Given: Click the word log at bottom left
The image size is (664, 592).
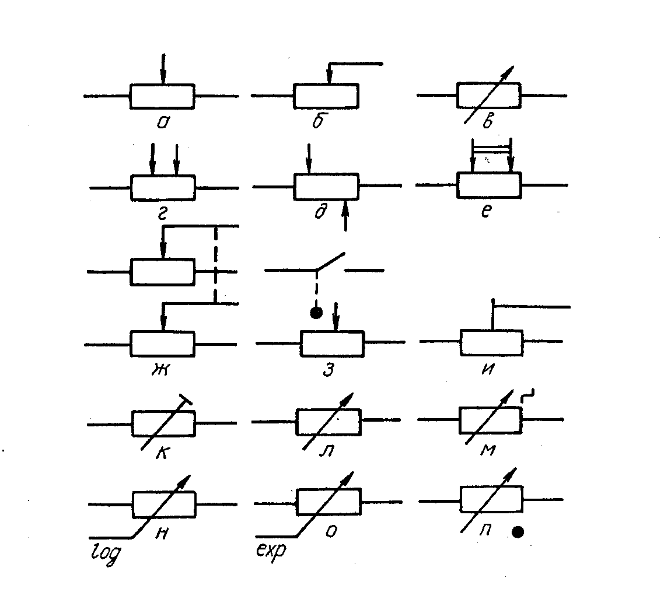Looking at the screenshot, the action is [x=106, y=553].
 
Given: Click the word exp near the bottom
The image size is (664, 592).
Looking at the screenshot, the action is [x=271, y=549].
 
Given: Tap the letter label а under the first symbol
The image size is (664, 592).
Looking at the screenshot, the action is [x=163, y=122].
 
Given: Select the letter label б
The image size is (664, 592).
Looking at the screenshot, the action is [x=318, y=120].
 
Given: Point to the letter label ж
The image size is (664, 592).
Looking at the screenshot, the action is [x=160, y=369].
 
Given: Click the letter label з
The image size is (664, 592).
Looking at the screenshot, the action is [x=328, y=370].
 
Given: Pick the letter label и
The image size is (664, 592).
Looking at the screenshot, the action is [x=488, y=370].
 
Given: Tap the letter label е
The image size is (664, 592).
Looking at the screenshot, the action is [x=487, y=211].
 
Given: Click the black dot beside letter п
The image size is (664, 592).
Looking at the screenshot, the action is [x=518, y=532].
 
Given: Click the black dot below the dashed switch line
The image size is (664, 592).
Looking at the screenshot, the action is [x=316, y=313].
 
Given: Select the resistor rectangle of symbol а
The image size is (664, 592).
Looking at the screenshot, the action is [x=162, y=96].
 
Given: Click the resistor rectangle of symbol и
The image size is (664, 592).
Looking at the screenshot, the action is [x=492, y=343].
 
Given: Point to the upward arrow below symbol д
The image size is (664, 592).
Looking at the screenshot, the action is [x=345, y=215].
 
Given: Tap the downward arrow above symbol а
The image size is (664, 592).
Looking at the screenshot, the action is [x=163, y=69].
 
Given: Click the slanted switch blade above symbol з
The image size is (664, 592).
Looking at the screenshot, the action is [x=331, y=261].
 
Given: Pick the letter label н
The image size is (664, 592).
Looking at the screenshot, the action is [x=162, y=534].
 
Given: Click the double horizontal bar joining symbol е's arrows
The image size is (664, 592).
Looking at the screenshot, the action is [x=491, y=149].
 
